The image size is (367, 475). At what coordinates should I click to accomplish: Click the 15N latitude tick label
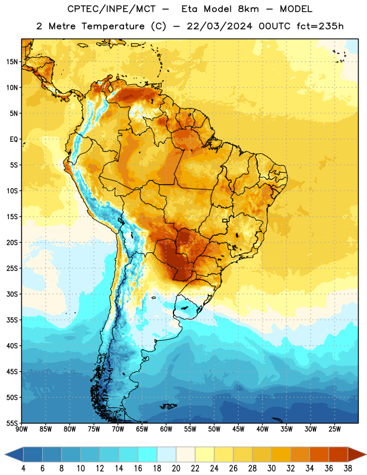tap(12, 62)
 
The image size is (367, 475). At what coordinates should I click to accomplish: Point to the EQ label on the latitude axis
tap(14, 140)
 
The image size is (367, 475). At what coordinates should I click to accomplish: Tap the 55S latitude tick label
tap(12, 423)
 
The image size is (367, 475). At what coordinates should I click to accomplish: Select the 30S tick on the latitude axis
tap(12, 294)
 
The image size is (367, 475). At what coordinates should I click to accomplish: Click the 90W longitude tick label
tap(21, 429)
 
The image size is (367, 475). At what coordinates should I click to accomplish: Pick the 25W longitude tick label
tap(334, 429)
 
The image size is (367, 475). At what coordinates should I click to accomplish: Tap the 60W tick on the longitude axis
tap(166, 429)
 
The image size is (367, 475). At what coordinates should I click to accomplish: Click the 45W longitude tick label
tap(238, 429)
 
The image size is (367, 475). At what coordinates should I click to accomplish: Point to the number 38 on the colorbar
tap(347, 468)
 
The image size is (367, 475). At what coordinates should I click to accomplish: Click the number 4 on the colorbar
tap(23, 468)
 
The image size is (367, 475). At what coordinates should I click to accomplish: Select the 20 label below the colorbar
tap(176, 468)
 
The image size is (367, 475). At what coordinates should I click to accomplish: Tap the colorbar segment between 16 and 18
tap(147, 454)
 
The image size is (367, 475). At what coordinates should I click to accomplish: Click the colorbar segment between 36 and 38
tap(338, 454)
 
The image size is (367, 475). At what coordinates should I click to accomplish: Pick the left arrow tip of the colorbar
tap(5, 454)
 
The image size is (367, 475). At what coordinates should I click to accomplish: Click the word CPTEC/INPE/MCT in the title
tap(111, 9)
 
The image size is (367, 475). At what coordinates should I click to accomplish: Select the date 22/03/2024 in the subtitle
tap(219, 26)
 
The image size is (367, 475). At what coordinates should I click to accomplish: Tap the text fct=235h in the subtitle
tap(320, 26)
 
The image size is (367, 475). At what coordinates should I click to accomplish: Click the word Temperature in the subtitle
tap(113, 26)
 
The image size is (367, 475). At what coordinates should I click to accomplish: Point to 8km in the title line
tap(248, 9)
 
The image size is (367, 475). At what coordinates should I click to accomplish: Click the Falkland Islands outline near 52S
tap(169, 406)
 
